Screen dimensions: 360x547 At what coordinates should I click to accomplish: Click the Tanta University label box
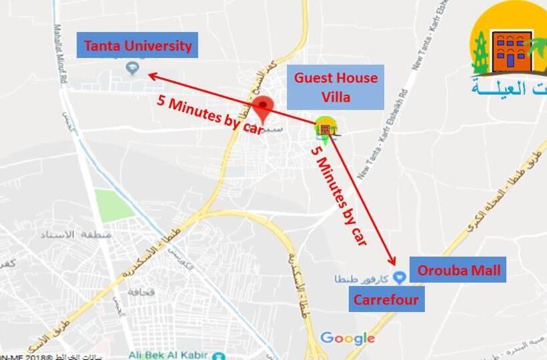[x=137, y=45]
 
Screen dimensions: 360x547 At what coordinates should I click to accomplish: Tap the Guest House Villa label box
[x=336, y=87]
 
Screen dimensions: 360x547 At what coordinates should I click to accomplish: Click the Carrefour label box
[x=386, y=300]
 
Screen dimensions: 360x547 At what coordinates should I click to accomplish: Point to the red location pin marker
[x=265, y=108]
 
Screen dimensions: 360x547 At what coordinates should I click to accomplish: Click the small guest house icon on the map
[x=325, y=128]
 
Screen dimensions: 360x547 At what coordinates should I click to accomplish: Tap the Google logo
[x=347, y=338]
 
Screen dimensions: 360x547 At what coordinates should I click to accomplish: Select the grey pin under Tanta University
[x=132, y=67]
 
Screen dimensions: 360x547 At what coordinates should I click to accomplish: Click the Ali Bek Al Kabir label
[x=177, y=354]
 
